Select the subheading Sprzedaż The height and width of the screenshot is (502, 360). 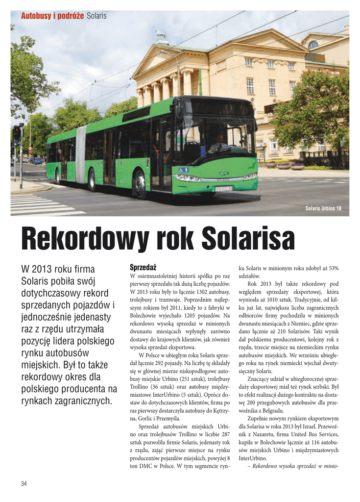coord(143,267)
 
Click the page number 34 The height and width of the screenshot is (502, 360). coord(24,484)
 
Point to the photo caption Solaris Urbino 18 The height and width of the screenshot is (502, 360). coord(323,209)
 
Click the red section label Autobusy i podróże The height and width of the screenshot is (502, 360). coord(52,16)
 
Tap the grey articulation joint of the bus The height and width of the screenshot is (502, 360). coord(81,154)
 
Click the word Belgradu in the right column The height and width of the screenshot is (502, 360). coord(272,410)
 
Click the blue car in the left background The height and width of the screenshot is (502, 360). coord(37,160)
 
